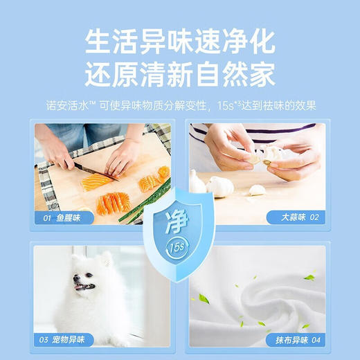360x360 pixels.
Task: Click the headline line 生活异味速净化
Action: pos(179,43)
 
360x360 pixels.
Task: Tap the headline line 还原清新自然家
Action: pos(179,73)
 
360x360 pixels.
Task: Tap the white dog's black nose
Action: pos(74,277)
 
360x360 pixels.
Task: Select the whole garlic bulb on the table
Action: pos(220,186)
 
